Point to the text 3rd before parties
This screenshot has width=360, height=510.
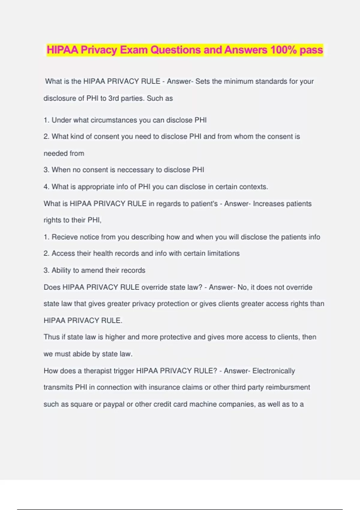(113, 98)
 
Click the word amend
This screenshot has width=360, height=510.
(92, 270)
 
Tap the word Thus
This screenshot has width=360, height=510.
(52, 337)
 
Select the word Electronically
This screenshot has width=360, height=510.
(274, 371)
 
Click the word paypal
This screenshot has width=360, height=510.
(114, 404)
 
